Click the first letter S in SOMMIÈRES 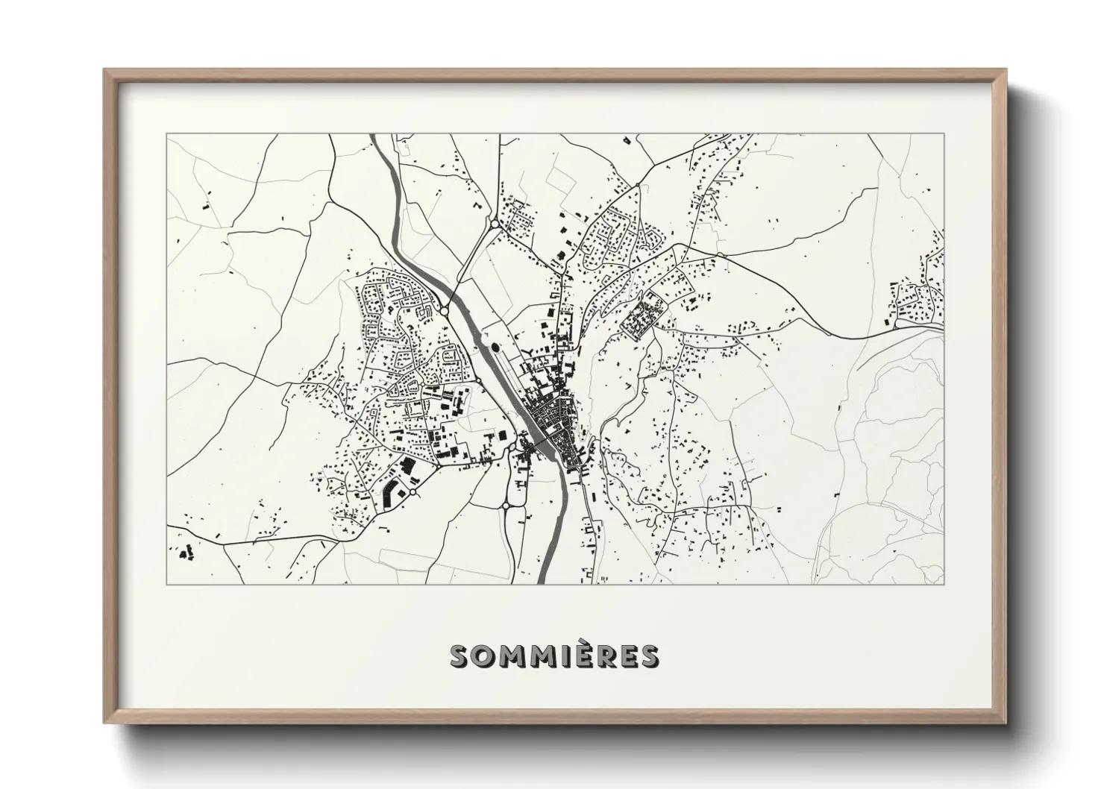(x=460, y=656)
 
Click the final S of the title (x=649, y=656)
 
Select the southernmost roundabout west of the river (x=506, y=506)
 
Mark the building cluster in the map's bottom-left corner (x=186, y=553)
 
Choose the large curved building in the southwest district (x=389, y=492)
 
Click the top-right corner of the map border (x=944, y=134)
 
